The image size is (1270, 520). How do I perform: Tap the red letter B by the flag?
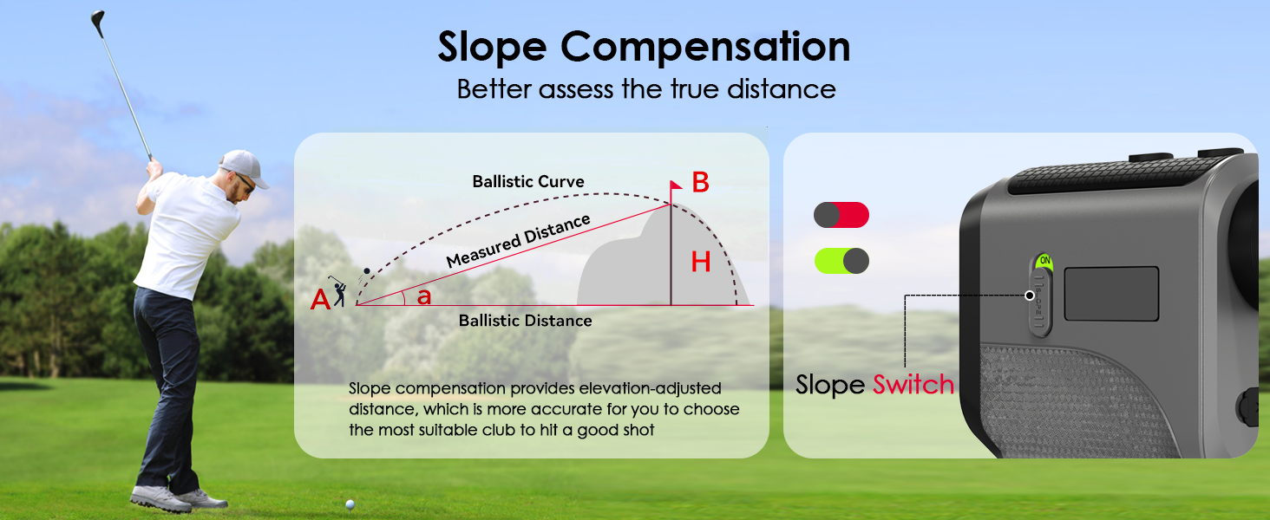(x=701, y=183)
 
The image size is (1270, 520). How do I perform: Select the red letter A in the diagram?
(x=320, y=300)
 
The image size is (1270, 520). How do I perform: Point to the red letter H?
(x=701, y=263)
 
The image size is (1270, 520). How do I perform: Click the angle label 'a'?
(x=424, y=296)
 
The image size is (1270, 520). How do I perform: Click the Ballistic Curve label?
(x=528, y=182)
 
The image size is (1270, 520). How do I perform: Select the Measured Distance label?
(x=518, y=241)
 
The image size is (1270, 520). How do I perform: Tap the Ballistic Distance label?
(x=526, y=321)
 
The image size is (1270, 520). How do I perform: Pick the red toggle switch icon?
(x=841, y=215)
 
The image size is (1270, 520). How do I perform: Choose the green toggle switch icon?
(x=841, y=260)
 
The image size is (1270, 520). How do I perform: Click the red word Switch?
(x=913, y=385)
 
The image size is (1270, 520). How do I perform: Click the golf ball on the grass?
(x=350, y=503)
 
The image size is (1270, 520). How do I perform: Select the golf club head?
(x=97, y=18)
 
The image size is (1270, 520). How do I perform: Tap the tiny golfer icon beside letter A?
(x=340, y=293)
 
